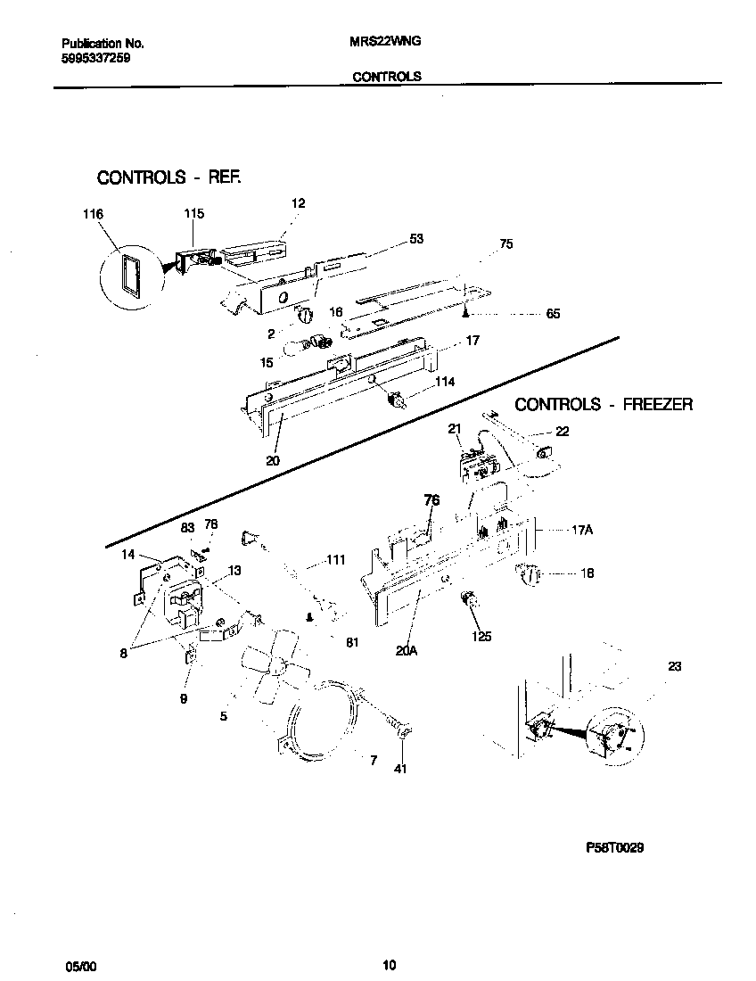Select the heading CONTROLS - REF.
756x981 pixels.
tap(168, 177)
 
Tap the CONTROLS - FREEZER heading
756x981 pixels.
tap(604, 404)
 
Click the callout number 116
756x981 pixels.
tap(92, 214)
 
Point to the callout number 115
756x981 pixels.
tap(193, 214)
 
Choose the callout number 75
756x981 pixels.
tap(505, 243)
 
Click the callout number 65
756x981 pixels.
tap(552, 314)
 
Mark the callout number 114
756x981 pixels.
tap(444, 382)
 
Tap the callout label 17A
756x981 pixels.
tap(581, 529)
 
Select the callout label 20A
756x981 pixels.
tap(407, 651)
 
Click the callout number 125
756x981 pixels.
tap(482, 637)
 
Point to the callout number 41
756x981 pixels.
tap(400, 769)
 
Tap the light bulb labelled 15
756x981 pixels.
tap(299, 347)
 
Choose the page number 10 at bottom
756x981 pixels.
tap(389, 964)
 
